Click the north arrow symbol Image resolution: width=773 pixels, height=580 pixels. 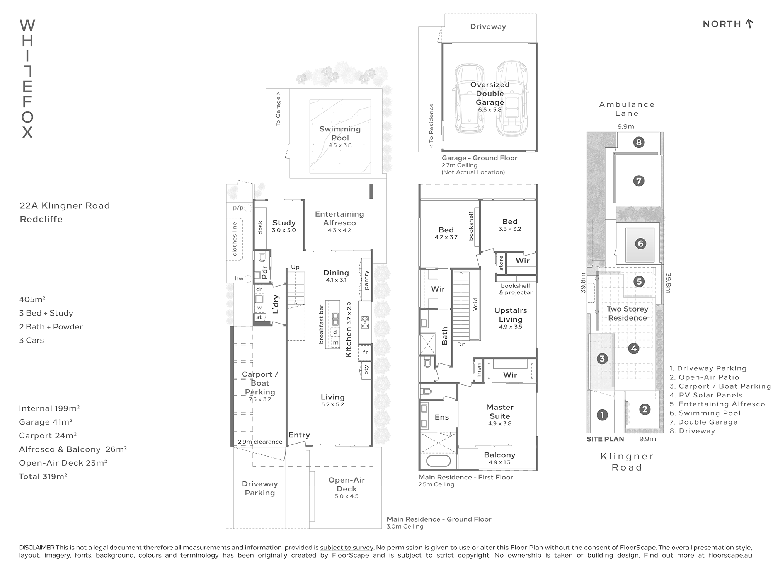point(749,24)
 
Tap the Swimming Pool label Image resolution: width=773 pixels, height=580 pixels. point(340,133)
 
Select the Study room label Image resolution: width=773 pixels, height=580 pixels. point(284,223)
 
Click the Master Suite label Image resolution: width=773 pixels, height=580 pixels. point(500,411)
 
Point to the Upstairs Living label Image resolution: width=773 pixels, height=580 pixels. point(511,315)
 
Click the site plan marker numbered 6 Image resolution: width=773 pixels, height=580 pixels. point(640,244)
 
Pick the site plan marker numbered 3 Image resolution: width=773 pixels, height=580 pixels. point(602,359)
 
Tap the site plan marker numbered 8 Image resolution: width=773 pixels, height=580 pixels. point(638,142)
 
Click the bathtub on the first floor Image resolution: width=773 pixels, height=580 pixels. point(438,461)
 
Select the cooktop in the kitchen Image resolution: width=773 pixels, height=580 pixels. point(365,322)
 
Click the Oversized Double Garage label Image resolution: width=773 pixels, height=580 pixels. point(490,94)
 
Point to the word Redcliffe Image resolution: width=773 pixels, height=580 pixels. point(41,219)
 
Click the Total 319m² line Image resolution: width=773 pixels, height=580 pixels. point(43,476)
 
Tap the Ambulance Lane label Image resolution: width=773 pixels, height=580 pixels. point(627,109)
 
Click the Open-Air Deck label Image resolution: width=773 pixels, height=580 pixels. point(347,484)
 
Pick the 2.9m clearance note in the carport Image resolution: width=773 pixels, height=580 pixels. point(260,442)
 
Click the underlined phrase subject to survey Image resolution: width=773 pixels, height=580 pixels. point(347,548)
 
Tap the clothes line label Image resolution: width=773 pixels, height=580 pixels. point(235,239)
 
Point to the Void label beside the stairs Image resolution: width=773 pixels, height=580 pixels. point(475,304)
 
